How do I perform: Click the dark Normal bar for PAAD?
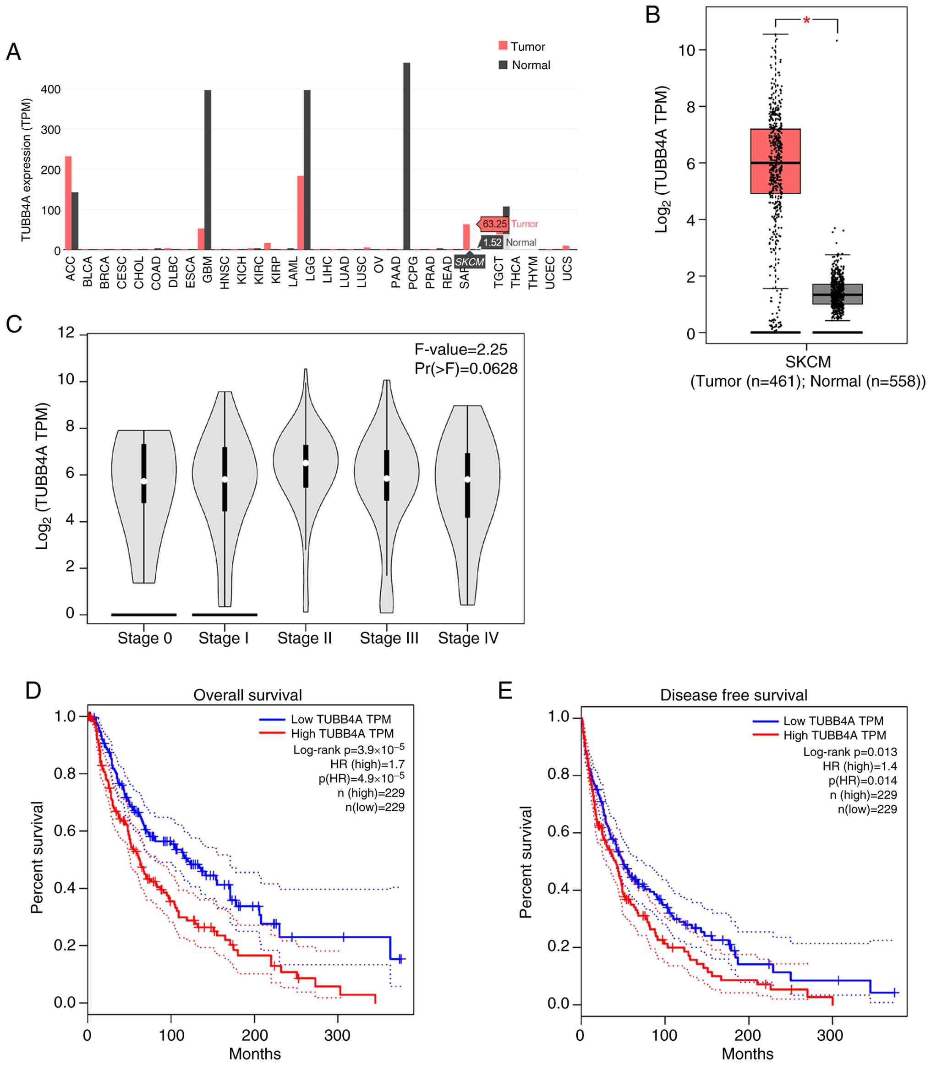(407, 156)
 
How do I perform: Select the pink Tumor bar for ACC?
(68, 203)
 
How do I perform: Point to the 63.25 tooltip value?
(494, 224)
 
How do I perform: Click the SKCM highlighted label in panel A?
(470, 262)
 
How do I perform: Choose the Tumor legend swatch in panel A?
(503, 46)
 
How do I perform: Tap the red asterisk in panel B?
(806, 21)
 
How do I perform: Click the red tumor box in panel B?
(775, 161)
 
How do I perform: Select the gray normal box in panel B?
(838, 294)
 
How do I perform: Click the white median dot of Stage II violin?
(306, 463)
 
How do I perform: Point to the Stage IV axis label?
(468, 638)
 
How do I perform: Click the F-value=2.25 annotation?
(461, 350)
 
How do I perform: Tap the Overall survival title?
(247, 695)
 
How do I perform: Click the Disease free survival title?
(734, 695)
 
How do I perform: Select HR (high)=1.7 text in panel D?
(367, 764)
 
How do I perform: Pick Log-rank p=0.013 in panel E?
(850, 752)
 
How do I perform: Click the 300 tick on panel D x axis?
(337, 1035)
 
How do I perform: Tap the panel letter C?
(14, 325)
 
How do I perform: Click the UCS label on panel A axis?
(567, 268)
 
